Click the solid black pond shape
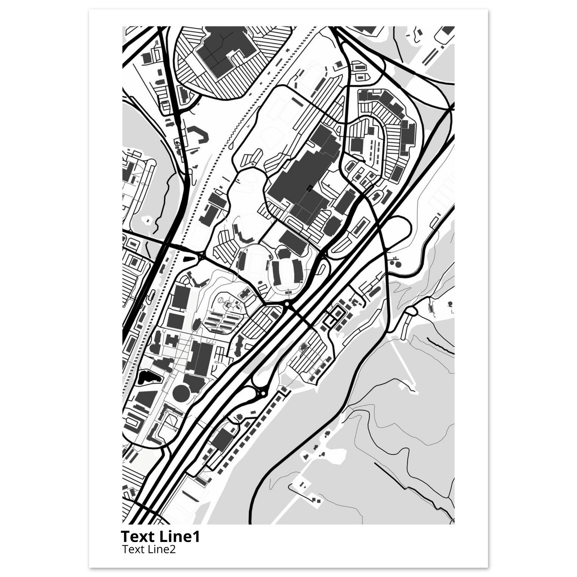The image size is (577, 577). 147,378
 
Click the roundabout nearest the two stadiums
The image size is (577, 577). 287,304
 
